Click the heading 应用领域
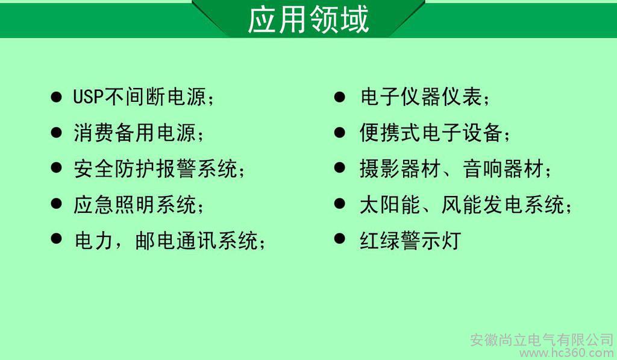(x=308, y=19)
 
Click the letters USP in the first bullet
(x=88, y=97)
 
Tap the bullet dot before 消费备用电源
(x=56, y=132)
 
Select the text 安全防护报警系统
(x=156, y=169)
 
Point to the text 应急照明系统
(x=135, y=204)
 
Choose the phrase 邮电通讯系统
(x=196, y=240)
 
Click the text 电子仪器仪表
(x=421, y=97)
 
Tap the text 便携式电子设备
(x=431, y=133)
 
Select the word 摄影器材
(x=400, y=169)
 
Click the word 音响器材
(x=503, y=169)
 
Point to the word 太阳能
(x=390, y=204)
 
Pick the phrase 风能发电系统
(x=503, y=204)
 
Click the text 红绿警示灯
(x=410, y=240)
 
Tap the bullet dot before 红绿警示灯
(x=340, y=239)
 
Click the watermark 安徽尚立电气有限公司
(x=542, y=339)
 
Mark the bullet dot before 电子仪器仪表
(x=340, y=97)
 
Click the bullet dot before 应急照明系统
(x=56, y=204)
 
